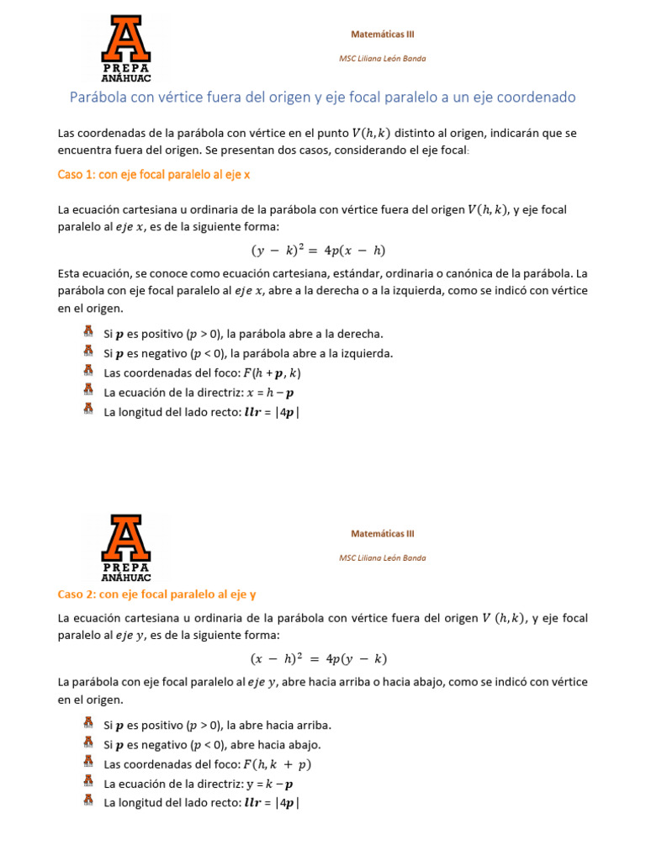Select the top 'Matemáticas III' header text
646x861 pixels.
click(383, 34)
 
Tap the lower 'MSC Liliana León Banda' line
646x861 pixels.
click(383, 557)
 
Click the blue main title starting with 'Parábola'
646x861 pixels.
click(322, 98)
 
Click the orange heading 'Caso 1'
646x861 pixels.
click(154, 175)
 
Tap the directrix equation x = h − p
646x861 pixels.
click(269, 392)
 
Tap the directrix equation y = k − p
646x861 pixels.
click(269, 784)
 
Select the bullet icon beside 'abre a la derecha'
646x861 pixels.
click(88, 333)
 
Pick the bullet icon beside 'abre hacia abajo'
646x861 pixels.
click(88, 743)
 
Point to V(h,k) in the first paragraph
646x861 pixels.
click(371, 132)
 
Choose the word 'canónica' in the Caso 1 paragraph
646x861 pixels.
click(472, 274)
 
